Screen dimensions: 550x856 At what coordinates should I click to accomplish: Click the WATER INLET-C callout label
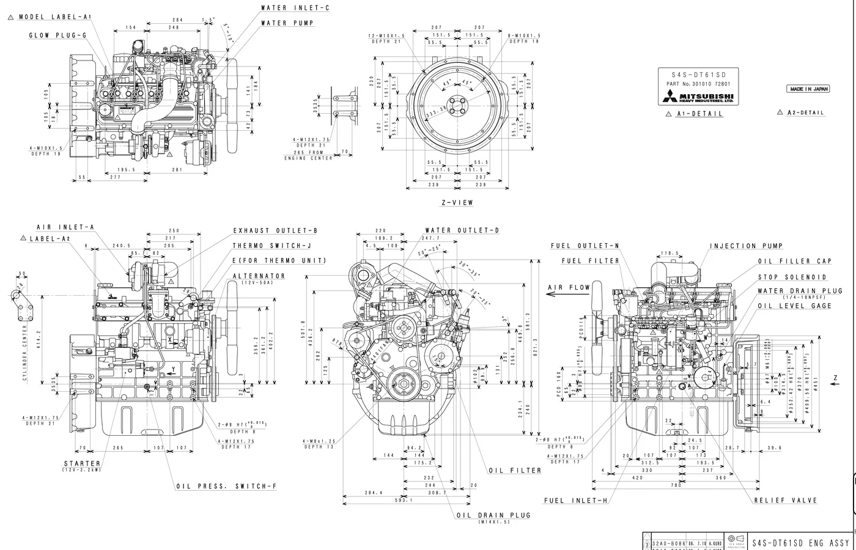(x=295, y=8)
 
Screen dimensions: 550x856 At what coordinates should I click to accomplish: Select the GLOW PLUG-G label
(x=57, y=35)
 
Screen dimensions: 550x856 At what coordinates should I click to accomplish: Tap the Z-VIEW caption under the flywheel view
(x=457, y=202)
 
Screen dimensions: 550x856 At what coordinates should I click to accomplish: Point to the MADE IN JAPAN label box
(x=808, y=89)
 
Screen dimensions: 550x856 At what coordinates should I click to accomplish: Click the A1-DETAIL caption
(x=699, y=114)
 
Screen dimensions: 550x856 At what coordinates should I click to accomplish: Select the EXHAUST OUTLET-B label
(x=275, y=231)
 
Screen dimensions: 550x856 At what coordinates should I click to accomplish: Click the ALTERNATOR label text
(x=259, y=276)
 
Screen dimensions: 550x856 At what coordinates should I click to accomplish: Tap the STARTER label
(x=82, y=464)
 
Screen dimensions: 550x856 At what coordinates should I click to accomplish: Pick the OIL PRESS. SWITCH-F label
(x=226, y=486)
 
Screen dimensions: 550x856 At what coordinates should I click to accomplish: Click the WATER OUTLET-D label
(x=462, y=230)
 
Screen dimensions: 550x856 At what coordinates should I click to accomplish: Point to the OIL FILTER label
(x=515, y=471)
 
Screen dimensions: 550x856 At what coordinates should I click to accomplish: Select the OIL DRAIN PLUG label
(x=493, y=515)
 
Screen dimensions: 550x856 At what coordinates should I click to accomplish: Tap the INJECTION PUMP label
(x=746, y=246)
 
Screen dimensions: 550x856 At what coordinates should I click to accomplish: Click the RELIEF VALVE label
(x=786, y=500)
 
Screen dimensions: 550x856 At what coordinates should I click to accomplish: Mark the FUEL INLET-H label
(x=576, y=501)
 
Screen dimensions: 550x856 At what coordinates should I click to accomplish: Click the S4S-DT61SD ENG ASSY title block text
(x=800, y=543)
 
